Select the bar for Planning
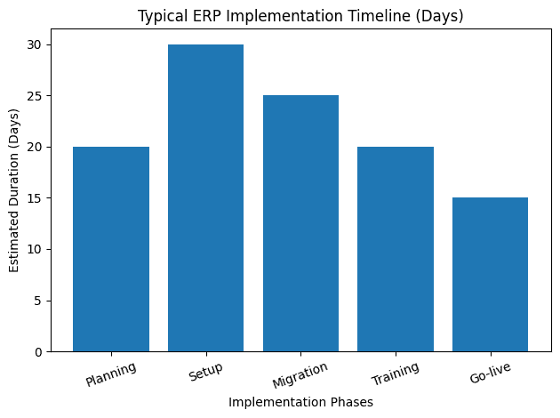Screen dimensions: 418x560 [111, 249]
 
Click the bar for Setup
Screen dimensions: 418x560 [205, 197]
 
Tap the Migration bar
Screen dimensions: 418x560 [300, 223]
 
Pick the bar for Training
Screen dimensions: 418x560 [396, 249]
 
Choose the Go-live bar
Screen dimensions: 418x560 [490, 275]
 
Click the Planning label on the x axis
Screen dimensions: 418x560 [112, 374]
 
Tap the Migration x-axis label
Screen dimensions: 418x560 [300, 375]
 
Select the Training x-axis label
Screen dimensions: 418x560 [396, 374]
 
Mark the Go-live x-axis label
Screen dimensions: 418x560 [491, 373]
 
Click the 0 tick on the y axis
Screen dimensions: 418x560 [38, 352]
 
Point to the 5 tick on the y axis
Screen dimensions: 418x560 [38, 301]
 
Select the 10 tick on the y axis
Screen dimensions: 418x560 [36, 250]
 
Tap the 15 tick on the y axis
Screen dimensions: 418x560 [36, 198]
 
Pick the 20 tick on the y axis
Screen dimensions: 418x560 [36, 147]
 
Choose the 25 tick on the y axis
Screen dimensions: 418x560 [36, 96]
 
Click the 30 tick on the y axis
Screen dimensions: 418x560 [36, 44]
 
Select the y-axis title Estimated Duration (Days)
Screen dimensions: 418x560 [13, 197]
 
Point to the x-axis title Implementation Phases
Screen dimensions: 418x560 [300, 402]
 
